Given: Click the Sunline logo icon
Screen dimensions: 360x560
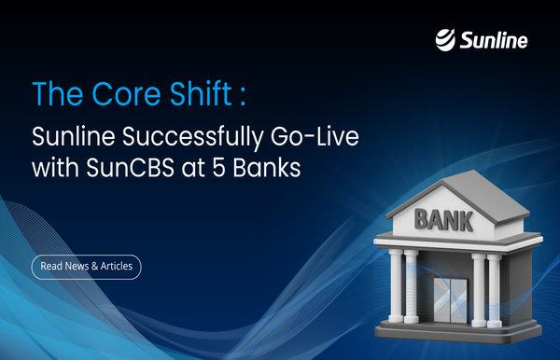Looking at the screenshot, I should pos(448,39).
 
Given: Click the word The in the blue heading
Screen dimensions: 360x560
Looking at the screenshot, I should pos(50,96).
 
